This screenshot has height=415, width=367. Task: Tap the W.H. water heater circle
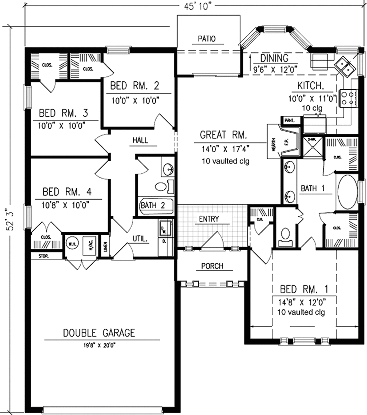tap(71, 245)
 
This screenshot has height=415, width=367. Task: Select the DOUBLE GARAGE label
tap(99, 333)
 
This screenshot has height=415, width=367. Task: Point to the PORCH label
tap(212, 266)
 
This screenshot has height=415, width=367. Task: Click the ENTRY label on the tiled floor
tap(209, 219)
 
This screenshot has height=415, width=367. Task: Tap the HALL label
tap(140, 140)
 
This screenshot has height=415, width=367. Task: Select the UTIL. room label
tap(140, 239)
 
